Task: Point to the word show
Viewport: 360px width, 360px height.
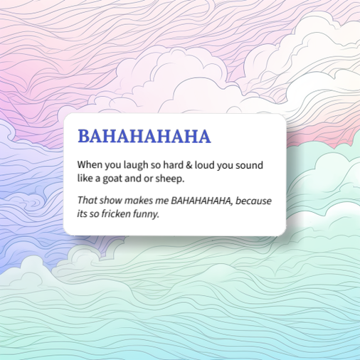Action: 112,201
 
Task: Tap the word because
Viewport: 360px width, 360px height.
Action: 253,201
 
